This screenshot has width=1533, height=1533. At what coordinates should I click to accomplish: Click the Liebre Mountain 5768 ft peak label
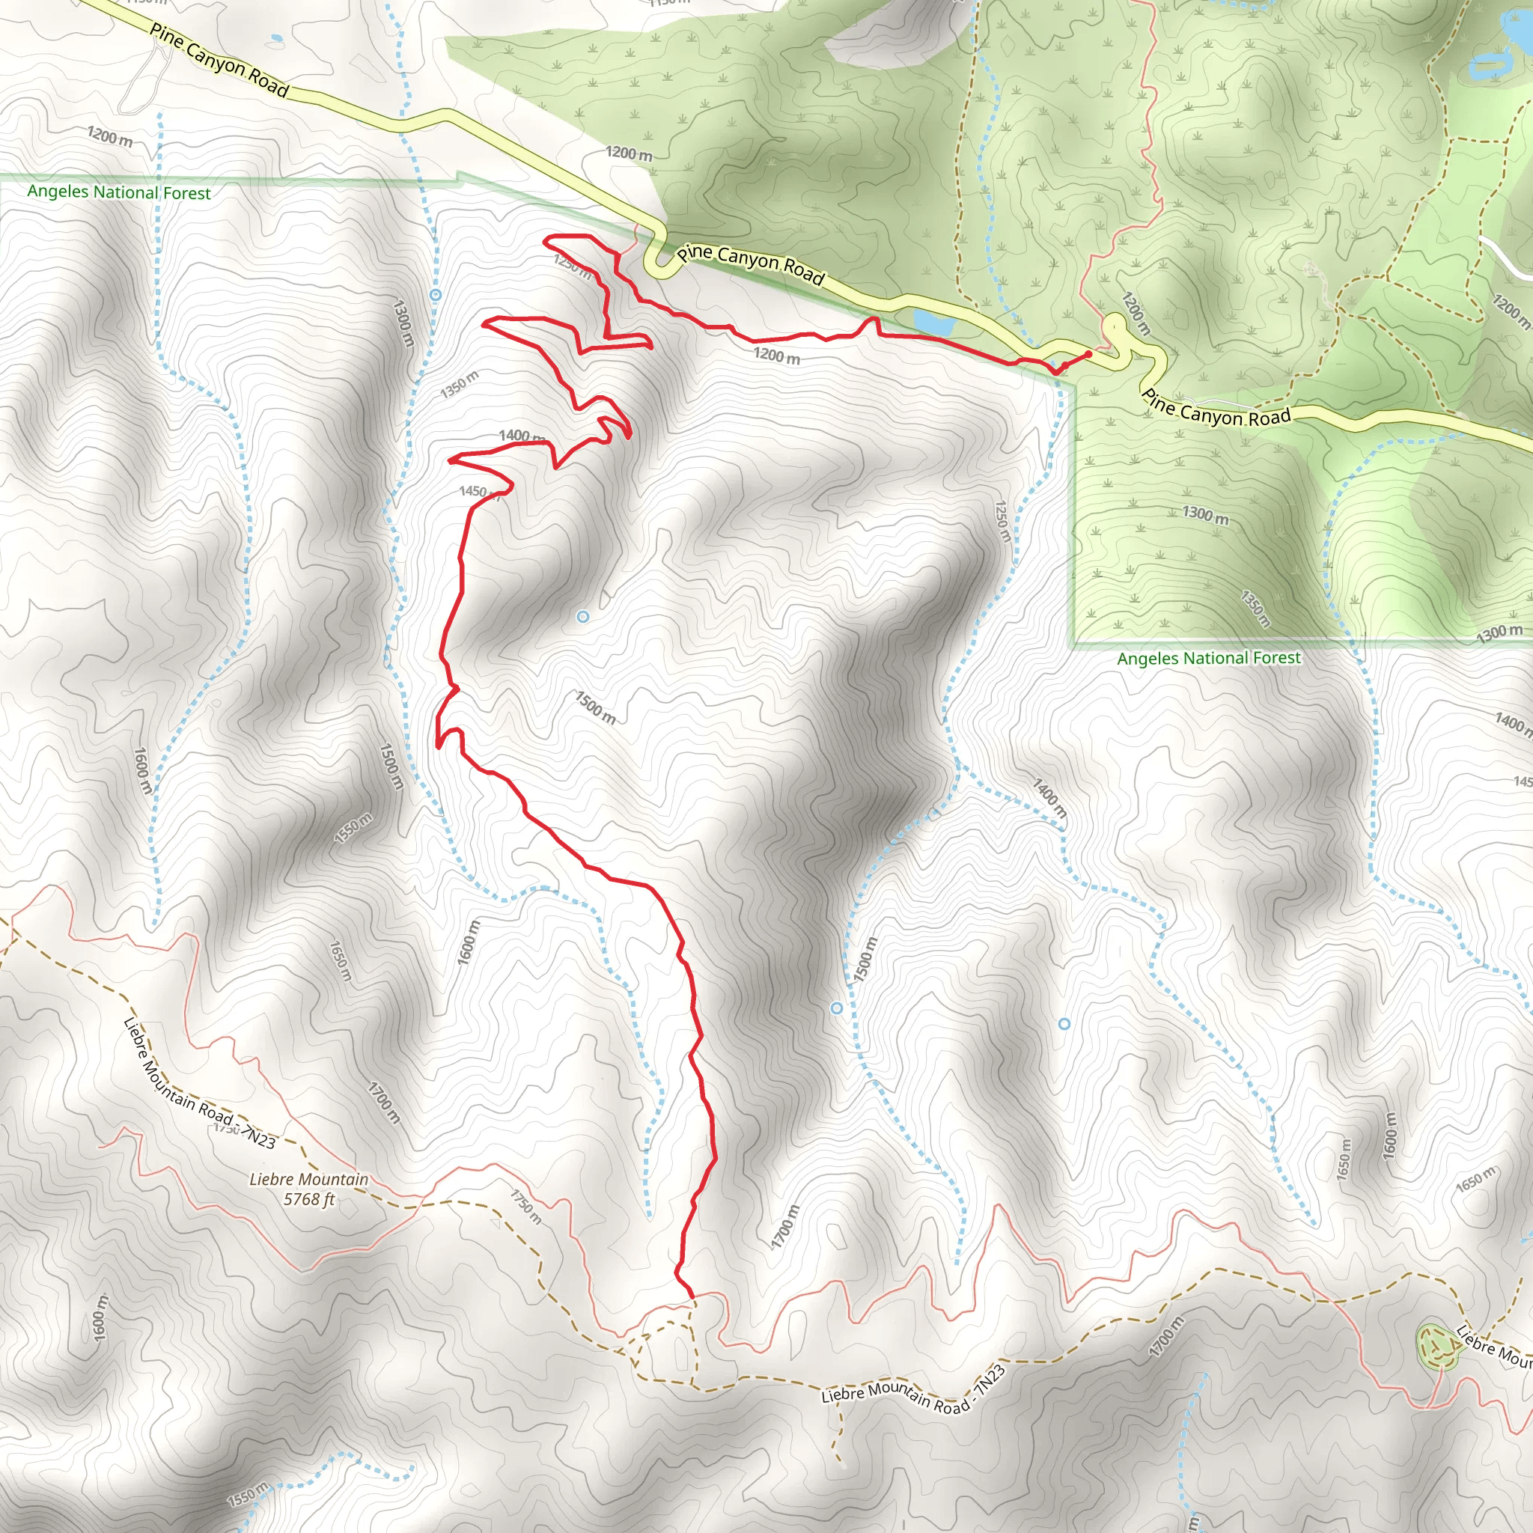(308, 1189)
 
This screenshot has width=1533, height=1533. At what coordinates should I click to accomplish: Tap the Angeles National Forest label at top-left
(119, 192)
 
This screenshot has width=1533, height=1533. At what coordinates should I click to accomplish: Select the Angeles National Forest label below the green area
(1208, 658)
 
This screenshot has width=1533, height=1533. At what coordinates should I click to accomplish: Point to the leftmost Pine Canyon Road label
(219, 61)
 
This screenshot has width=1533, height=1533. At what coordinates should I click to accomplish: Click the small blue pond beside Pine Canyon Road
(933, 322)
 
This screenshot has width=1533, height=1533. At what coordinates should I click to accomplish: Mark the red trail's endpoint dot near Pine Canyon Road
(1088, 354)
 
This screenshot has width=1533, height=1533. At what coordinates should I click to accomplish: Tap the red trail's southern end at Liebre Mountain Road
(692, 1296)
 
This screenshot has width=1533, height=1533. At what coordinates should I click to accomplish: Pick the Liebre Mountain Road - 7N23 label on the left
(199, 1084)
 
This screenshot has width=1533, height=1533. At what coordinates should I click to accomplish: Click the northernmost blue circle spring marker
(436, 294)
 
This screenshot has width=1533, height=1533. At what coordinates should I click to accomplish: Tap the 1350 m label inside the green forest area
(1255, 609)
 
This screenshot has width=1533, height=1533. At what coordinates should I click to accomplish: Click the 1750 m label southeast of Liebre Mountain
(525, 1207)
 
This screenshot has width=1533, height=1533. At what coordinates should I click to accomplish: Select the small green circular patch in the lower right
(1437, 1347)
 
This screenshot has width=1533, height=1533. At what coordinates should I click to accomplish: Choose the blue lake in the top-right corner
(1492, 67)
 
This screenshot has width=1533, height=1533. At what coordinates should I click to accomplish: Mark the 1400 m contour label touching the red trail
(519, 436)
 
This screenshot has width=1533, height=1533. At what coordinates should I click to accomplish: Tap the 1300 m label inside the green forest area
(1205, 514)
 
